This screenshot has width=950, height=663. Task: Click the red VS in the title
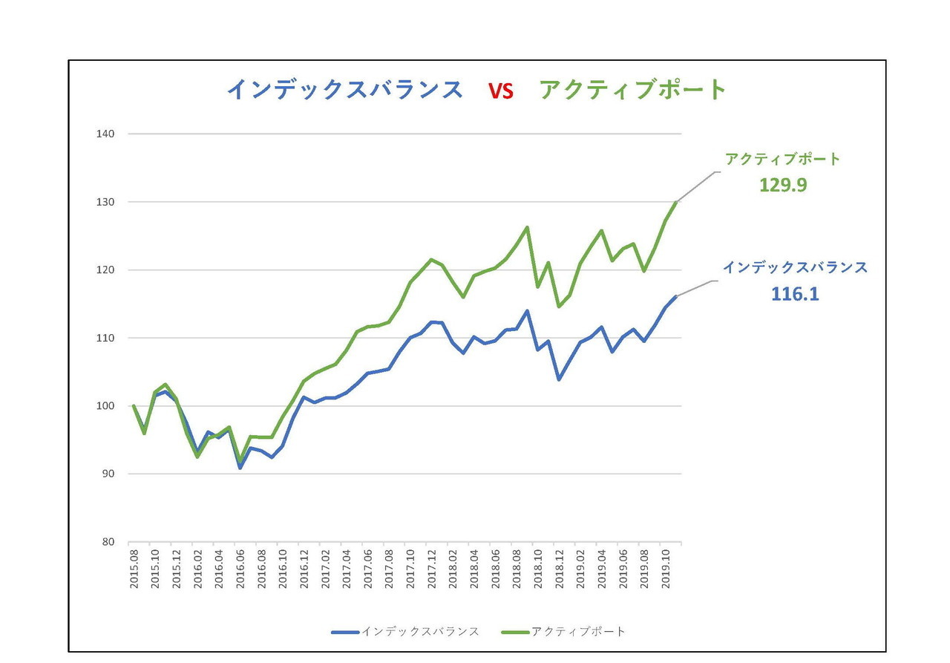(x=500, y=91)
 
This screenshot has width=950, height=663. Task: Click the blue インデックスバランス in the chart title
(x=345, y=90)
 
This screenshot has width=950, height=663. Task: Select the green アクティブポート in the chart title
(x=632, y=90)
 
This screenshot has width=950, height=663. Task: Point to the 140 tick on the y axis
(x=105, y=134)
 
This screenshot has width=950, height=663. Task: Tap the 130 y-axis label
(x=105, y=203)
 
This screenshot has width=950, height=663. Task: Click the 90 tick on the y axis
(x=108, y=474)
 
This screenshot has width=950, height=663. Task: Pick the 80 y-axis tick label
(x=108, y=542)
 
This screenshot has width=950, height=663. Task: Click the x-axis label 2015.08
(x=134, y=569)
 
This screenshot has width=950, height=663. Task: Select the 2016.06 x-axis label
(x=240, y=569)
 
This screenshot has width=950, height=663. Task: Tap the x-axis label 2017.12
(x=432, y=569)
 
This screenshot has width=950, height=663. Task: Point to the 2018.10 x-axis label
(x=538, y=569)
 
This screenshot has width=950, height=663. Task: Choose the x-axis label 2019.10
(x=666, y=569)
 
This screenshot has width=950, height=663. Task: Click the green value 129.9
(x=783, y=185)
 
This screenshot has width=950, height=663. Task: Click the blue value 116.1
(x=795, y=294)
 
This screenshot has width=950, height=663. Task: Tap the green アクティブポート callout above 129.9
(x=782, y=159)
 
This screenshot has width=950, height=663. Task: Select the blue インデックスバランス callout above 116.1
(x=795, y=267)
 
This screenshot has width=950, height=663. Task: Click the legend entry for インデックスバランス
(x=405, y=632)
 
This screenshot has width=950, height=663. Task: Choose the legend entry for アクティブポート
(x=563, y=632)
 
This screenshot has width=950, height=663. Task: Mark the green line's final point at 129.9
(x=676, y=203)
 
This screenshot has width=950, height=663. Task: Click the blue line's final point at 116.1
(x=676, y=296)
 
